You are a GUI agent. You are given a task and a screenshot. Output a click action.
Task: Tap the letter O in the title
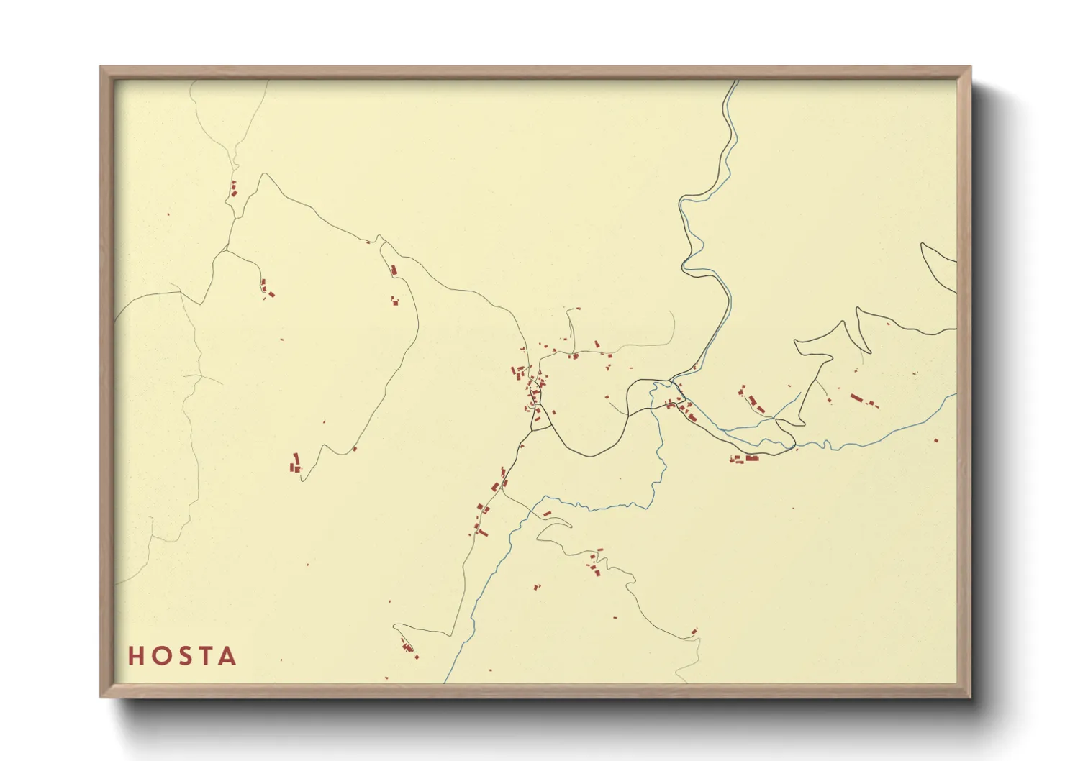[159, 656]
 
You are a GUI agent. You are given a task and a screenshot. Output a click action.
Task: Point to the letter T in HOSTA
[204, 656]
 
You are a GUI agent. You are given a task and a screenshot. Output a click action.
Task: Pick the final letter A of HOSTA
[227, 656]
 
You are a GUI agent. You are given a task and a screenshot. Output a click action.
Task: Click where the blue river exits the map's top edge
[738, 81]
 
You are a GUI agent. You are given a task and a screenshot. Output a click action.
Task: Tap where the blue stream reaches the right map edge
[956, 394]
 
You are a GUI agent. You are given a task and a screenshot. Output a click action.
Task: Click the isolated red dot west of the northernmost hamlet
[168, 214]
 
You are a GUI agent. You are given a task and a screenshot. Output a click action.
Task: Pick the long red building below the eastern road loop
[751, 457]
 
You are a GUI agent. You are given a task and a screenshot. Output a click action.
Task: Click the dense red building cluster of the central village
[535, 392]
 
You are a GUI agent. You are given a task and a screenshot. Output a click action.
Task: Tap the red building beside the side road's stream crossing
[547, 514]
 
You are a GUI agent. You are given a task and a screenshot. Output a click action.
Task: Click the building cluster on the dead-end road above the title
[407, 647]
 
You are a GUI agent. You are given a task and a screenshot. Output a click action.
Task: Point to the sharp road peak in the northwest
[266, 173]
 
